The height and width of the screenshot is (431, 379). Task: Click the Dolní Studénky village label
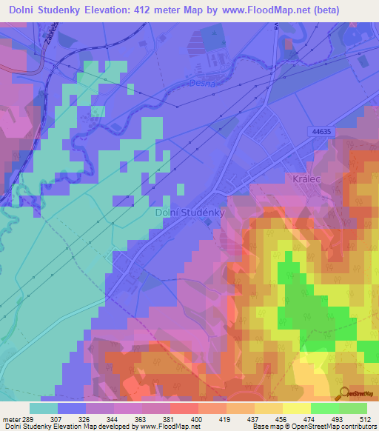click(189, 213)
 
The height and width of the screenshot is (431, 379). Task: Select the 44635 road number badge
click(320, 131)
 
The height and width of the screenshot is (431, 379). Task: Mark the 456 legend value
click(282, 419)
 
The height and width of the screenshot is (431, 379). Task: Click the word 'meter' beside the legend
click(11, 419)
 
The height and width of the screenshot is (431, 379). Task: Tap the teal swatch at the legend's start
click(44, 408)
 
